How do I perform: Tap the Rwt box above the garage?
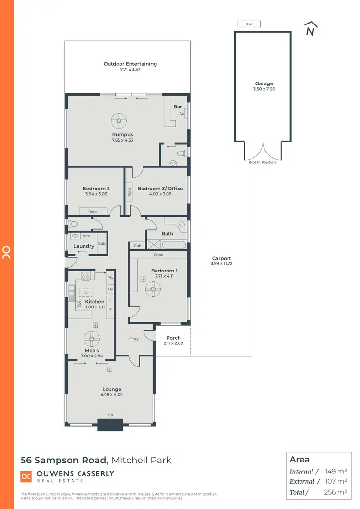click(248, 24)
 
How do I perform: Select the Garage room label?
click(264, 83)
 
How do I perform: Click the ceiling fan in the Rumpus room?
click(119, 118)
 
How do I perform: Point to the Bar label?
click(178, 107)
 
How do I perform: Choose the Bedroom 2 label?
click(96, 189)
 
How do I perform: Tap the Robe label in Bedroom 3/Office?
click(130, 192)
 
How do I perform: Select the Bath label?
click(168, 234)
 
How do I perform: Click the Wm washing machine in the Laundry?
click(86, 236)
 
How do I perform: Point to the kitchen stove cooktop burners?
click(85, 276)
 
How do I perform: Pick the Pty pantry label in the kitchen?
click(110, 277)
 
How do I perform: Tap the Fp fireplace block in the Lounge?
click(110, 423)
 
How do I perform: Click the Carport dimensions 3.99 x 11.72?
click(221, 264)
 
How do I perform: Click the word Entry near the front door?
click(134, 339)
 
